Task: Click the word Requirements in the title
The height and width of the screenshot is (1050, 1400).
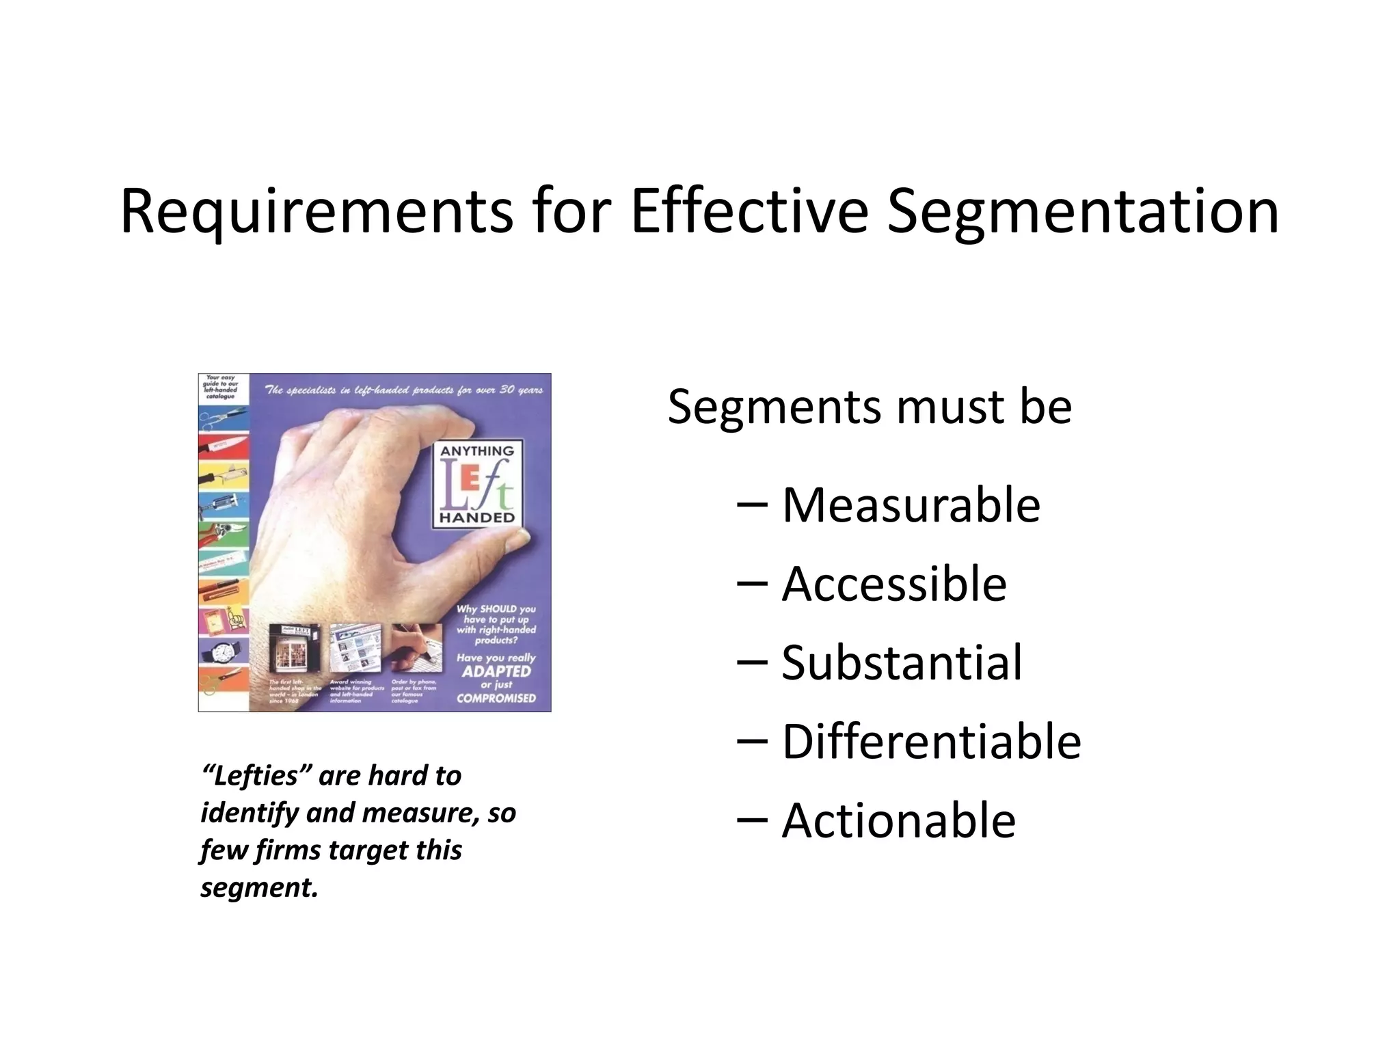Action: tap(316, 212)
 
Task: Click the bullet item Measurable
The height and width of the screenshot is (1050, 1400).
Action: tap(911, 505)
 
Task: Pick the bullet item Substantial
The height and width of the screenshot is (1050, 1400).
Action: tap(902, 662)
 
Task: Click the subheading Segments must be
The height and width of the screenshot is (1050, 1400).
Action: tap(870, 407)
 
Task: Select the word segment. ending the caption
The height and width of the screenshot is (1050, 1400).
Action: tap(259, 888)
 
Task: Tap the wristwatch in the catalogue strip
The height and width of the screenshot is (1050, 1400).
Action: tap(222, 653)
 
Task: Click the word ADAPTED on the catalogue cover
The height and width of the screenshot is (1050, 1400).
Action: tap(496, 671)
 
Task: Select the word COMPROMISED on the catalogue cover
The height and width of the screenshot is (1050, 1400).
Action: tap(496, 698)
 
